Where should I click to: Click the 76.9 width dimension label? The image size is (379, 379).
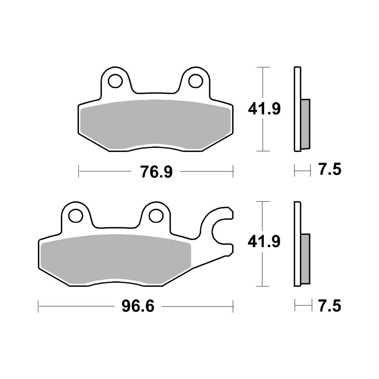click(157, 172)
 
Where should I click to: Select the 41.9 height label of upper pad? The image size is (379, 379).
click(264, 109)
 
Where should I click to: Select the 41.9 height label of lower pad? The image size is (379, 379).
click(264, 241)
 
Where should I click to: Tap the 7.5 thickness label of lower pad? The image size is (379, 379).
click(329, 305)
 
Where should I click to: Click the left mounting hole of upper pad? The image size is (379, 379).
click(115, 81)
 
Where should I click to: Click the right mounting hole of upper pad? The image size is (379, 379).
click(196, 81)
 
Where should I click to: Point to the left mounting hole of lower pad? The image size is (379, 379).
click(75, 215)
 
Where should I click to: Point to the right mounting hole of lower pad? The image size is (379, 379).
click(156, 215)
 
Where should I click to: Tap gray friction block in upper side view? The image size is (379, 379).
click(305, 124)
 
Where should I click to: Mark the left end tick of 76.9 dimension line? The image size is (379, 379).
click(78, 171)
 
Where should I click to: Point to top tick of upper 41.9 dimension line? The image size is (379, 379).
click(263, 67)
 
